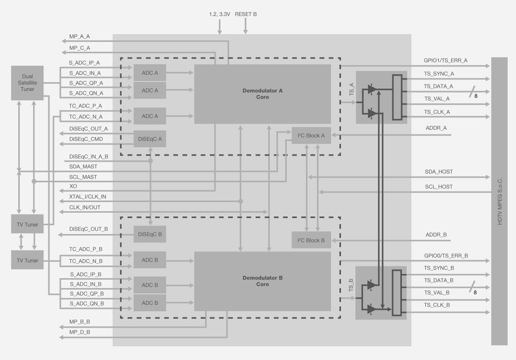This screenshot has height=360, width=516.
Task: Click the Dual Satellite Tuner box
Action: (x=27, y=83)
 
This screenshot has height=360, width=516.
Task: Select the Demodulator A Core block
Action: (x=262, y=94)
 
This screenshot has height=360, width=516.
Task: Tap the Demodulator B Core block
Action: (x=262, y=281)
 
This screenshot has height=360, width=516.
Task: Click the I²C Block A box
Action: (x=311, y=135)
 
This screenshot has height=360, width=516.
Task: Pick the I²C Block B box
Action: (x=311, y=240)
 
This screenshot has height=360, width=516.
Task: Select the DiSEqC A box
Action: (x=150, y=139)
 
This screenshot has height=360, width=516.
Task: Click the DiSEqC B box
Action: (x=150, y=234)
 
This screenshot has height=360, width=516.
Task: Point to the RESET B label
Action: (x=246, y=14)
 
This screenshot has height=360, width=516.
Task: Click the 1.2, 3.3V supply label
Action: (x=219, y=14)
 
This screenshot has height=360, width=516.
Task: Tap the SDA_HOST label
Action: (x=439, y=172)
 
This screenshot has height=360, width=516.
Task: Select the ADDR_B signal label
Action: (x=436, y=235)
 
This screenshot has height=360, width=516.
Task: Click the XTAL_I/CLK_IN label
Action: (x=88, y=196)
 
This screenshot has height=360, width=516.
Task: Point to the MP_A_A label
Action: (x=79, y=37)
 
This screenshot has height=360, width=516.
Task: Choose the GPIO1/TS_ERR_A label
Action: (x=445, y=60)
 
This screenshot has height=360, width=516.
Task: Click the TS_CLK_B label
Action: (x=437, y=305)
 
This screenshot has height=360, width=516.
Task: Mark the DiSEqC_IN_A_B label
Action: (x=89, y=157)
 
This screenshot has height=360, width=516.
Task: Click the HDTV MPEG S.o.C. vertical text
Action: (x=499, y=201)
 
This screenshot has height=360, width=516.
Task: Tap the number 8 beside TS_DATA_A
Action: (x=476, y=95)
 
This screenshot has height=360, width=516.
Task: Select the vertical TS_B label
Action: (x=351, y=286)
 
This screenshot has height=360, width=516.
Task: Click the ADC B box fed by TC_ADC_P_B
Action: (x=150, y=260)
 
